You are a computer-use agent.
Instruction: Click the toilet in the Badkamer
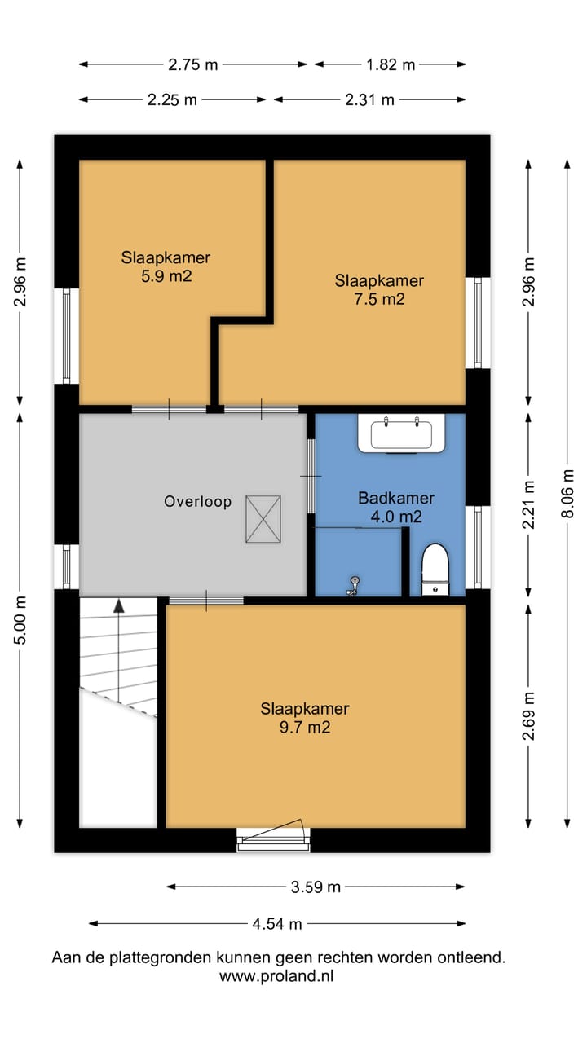tap(435, 570)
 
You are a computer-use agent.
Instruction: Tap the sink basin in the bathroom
tap(401, 433)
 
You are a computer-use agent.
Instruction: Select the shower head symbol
tap(355, 586)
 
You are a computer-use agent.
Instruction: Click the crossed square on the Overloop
tap(263, 519)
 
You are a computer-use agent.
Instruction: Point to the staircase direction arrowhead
tap(119, 605)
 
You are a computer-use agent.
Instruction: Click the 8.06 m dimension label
tap(567, 494)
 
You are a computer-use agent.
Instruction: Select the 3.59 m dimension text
tap(316, 887)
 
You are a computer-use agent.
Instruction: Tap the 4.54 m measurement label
tap(277, 924)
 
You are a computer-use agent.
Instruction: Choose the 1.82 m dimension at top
tap(391, 64)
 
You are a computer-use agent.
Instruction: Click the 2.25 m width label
tap(172, 99)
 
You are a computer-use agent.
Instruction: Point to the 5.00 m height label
tap(20, 620)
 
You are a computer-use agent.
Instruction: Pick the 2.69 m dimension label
tap(528, 716)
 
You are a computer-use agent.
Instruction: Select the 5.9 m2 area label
tap(166, 276)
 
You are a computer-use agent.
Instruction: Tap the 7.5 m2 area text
tap(379, 299)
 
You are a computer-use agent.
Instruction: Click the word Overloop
tap(197, 501)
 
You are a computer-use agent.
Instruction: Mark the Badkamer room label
tap(396, 498)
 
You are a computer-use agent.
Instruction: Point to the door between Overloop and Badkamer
tap(311, 476)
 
